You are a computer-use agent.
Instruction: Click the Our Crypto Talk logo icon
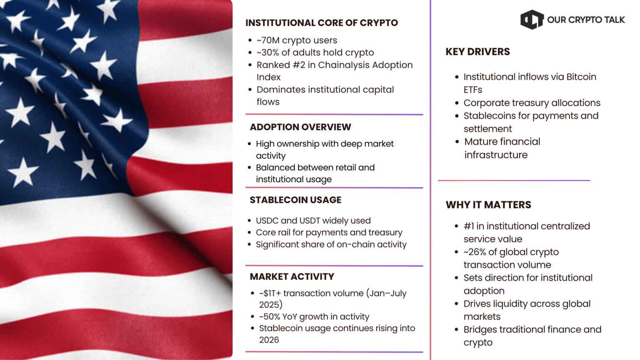(532, 20)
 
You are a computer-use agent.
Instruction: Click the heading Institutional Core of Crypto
(321, 23)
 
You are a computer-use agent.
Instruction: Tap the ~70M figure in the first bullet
(267, 40)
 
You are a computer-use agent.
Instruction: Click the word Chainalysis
(344, 65)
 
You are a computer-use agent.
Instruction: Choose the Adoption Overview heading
(300, 127)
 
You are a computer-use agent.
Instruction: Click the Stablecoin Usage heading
(295, 200)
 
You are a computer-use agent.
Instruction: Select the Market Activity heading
(292, 277)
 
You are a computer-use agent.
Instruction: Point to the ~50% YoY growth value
(270, 317)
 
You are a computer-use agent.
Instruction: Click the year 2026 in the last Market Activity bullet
(269, 340)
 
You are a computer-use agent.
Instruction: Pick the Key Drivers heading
(477, 52)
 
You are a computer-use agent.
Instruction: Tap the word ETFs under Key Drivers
(472, 90)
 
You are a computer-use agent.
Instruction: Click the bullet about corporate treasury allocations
(532, 103)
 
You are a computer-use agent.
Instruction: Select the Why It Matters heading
(488, 205)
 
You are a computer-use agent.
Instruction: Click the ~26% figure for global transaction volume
(475, 252)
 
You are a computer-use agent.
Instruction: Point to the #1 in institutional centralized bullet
(527, 226)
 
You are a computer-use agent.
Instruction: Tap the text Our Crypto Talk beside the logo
(585, 20)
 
